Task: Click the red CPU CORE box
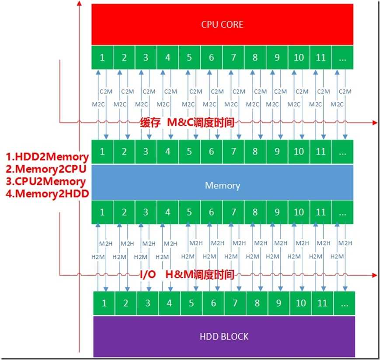(222, 24)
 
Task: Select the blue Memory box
(222, 185)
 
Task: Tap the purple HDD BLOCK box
(223, 336)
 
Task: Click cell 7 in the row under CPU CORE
(234, 57)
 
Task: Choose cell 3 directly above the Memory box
(146, 152)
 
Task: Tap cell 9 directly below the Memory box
(277, 212)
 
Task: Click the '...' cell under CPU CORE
(342, 57)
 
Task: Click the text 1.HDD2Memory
(47, 157)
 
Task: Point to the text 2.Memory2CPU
(47, 168)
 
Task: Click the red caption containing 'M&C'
(187, 123)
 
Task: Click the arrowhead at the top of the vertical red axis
(79, 3)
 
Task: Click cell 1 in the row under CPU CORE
(102, 57)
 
